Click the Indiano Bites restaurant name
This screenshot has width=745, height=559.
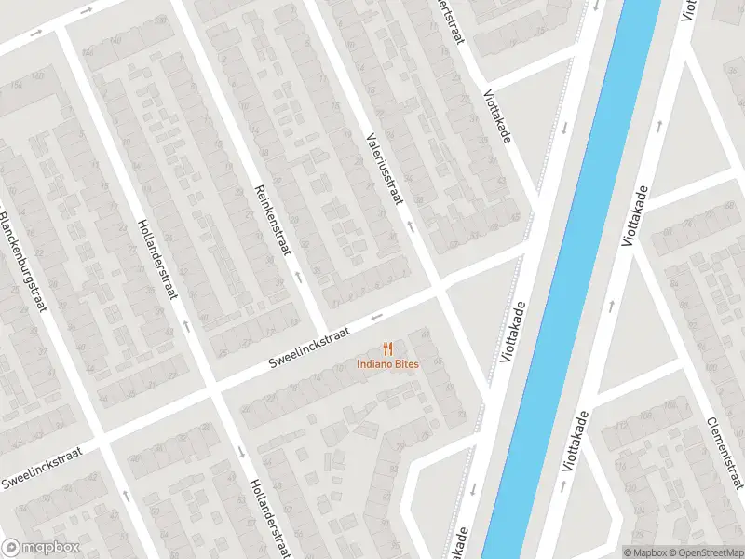point(387,363)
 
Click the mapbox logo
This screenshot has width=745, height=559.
point(41,548)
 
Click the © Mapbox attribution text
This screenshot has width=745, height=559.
point(646,552)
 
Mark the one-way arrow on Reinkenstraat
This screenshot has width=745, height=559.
point(297,276)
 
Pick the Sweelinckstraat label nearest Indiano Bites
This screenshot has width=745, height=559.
point(308,346)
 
